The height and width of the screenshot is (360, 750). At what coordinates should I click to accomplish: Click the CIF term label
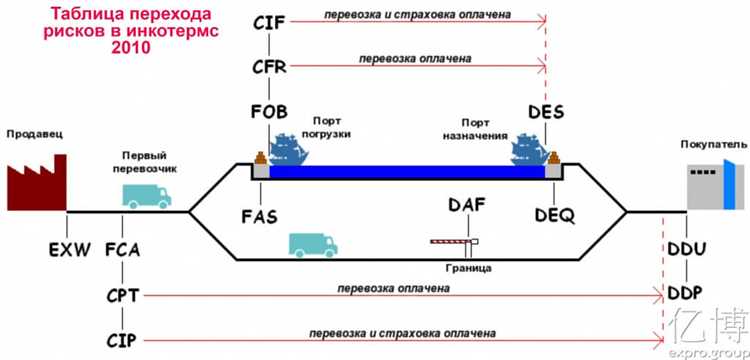coord(270,22)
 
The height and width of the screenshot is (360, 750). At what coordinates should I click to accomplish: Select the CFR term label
coord(270,68)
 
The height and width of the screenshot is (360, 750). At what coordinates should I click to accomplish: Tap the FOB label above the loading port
coord(270,111)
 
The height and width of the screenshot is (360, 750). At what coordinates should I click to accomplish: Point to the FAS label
coord(260,215)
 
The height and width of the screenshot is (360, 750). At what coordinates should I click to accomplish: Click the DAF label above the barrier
coord(467,207)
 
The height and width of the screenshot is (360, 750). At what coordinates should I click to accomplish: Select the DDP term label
coord(688,293)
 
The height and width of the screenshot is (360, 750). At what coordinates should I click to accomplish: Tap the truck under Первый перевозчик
coord(147,193)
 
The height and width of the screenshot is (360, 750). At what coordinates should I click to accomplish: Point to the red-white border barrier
coord(453,242)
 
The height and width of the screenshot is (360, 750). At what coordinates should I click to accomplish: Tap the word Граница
coord(466,268)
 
